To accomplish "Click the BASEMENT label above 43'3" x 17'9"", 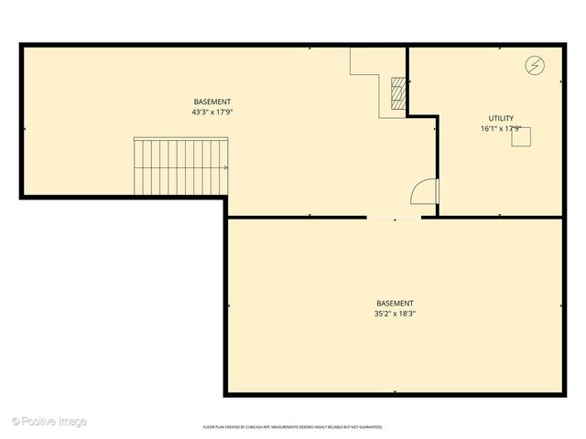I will click(x=212, y=102).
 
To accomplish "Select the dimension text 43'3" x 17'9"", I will click(x=212, y=112).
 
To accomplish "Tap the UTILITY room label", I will click(x=501, y=118).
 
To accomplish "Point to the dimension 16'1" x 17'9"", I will click(x=501, y=129).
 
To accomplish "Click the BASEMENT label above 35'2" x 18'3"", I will click(x=395, y=304).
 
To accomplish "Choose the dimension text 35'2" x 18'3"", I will click(x=395, y=314).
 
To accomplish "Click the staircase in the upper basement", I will click(x=179, y=166).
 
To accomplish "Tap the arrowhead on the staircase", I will click(x=224, y=167).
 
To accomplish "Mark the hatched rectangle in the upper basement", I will click(x=397, y=93).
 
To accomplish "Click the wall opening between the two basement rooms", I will click(x=395, y=217).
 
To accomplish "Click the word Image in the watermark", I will click(x=73, y=422).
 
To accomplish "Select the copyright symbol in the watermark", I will click(x=15, y=422).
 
